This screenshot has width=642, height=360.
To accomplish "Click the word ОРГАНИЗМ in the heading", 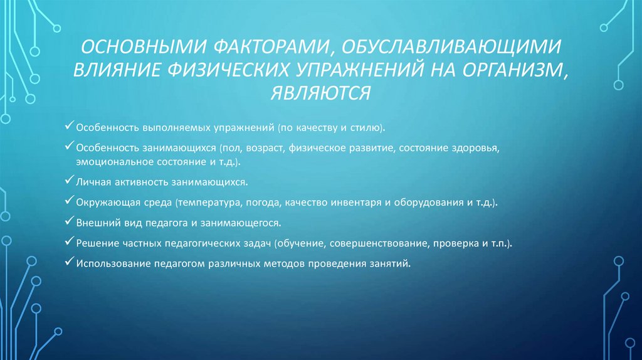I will click(512, 71).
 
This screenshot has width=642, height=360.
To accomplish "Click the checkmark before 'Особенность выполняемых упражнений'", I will click(70, 127).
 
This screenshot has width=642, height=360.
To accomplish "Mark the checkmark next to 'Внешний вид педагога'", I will click(70, 222).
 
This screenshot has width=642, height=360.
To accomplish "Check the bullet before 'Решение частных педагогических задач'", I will click(70, 241).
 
